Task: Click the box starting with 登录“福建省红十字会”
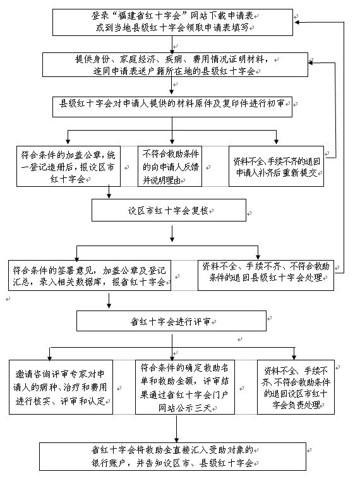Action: [172, 22]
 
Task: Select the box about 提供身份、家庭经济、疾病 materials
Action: [175, 64]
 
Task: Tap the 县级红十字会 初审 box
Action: [172, 107]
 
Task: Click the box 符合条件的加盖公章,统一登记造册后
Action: [68, 166]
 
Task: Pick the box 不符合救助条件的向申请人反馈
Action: [170, 166]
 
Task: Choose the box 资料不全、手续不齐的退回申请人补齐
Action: [276, 166]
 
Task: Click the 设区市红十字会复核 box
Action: [169, 210]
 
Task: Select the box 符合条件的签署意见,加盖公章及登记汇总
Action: [90, 275]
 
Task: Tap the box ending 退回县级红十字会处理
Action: [266, 275]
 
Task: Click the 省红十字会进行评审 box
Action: [171, 321]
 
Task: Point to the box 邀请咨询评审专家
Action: [61, 387]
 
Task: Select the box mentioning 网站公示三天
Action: [185, 387]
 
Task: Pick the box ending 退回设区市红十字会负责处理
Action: [296, 387]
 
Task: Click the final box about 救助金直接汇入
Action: [172, 457]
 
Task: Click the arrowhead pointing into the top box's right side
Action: [296, 22]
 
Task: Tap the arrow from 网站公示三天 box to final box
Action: [177, 429]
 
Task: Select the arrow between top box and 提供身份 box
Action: [172, 44]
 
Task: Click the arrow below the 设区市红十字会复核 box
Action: [172, 234]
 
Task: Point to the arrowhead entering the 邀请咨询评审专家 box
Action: [49, 357]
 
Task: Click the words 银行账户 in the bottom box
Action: [108, 463]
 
